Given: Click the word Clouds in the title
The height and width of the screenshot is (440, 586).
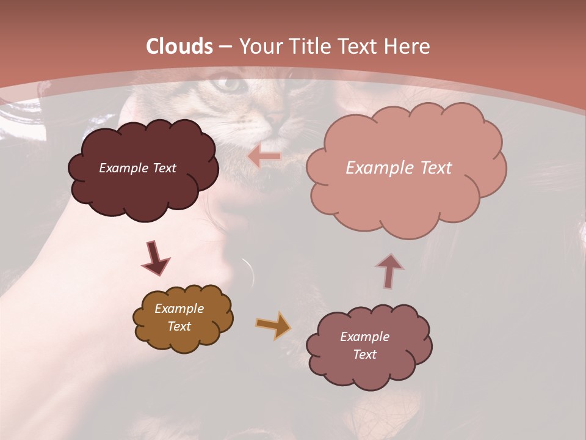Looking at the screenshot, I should point(179,46).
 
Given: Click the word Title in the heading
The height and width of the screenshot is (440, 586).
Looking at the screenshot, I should point(309,46).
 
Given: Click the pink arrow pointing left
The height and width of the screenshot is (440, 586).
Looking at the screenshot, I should point(264,157).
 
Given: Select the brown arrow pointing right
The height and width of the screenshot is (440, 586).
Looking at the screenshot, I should point(273,325).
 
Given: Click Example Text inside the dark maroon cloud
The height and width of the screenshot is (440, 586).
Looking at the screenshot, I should point(137,168).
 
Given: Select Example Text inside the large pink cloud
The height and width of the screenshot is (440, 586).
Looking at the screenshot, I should point(399,168).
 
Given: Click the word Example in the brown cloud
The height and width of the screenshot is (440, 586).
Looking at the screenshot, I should point(179,309).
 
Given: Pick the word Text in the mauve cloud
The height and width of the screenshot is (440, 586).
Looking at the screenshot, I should point(364,354).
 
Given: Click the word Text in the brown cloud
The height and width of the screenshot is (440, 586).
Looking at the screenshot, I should point(179,326).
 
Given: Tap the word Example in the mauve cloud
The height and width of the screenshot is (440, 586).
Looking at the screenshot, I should point(364,337).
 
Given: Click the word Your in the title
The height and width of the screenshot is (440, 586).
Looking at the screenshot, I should point(259,46).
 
